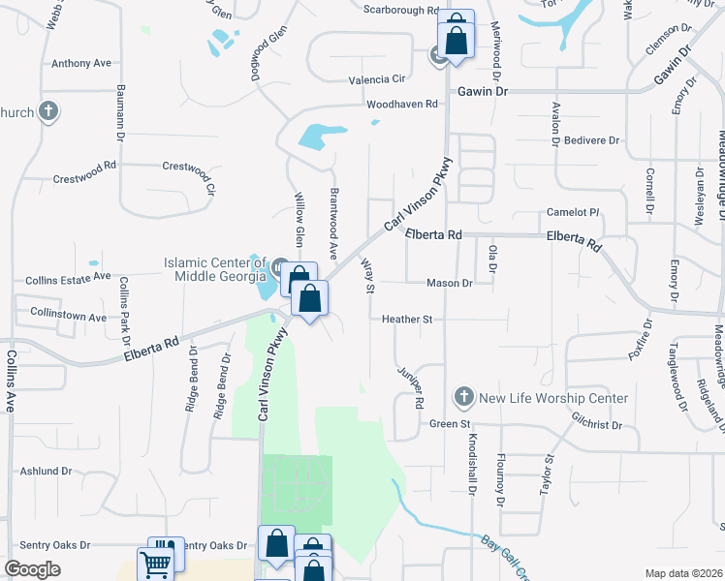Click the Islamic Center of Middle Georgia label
pos(213,269)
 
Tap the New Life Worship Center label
pos(553,398)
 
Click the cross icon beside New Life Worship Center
pos(464,397)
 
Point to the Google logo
pos(32,569)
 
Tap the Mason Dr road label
pos(449,284)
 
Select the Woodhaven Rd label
pos(404,104)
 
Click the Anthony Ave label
pos(81,64)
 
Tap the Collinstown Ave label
pos(68,317)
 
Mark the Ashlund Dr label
pos(46,472)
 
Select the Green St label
pos(450,423)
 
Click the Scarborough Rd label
pos(401,10)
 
